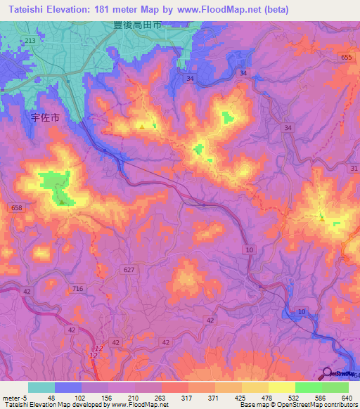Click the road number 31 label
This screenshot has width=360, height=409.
tap(353, 168)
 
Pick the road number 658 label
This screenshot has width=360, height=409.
tap(18, 208)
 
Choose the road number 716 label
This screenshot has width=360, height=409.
tap(78, 289)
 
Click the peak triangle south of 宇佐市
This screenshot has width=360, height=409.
tap(63, 202)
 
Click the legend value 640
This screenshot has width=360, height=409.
tap(344, 397)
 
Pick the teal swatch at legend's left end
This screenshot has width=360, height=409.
tap(41, 387)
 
